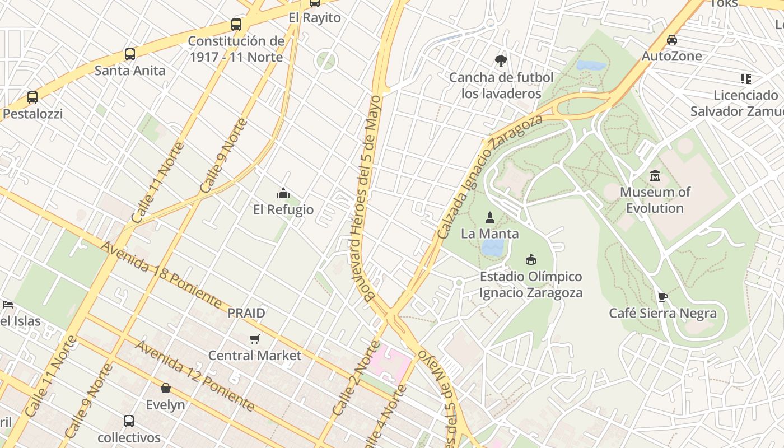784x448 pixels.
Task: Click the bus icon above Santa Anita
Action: click(130, 54)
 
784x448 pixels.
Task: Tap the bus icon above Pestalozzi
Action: click(32, 97)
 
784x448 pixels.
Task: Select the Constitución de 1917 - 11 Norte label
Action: click(236, 49)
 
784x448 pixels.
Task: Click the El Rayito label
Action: click(315, 17)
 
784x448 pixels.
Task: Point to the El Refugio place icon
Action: click(283, 193)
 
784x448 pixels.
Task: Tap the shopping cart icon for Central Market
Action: click(255, 339)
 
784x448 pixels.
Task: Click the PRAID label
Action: click(246, 313)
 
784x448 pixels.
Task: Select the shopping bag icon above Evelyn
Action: click(166, 388)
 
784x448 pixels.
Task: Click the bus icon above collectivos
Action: click(129, 421)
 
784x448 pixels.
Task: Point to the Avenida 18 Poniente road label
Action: click(162, 275)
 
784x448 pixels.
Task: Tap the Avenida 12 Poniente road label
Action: click(195, 375)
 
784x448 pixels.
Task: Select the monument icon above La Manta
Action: click(490, 217)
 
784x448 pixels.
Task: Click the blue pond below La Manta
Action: click(493, 248)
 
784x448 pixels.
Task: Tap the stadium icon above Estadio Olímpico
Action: click(531, 260)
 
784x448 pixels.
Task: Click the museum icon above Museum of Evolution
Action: click(655, 176)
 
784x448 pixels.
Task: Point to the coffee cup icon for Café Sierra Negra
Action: click(663, 297)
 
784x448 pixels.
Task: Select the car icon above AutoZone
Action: click(672, 40)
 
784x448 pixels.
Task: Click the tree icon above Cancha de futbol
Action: click(501, 61)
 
